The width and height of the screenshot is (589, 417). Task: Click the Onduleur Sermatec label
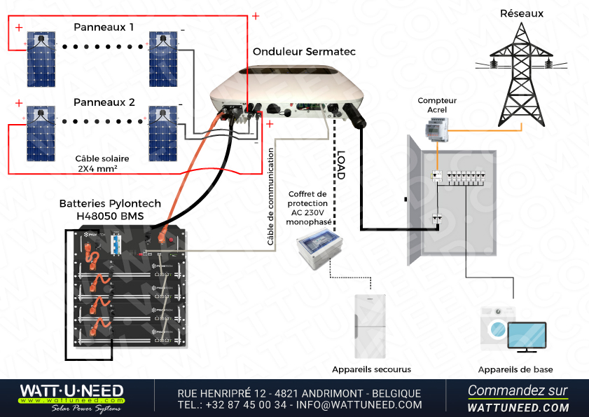coord(304,52)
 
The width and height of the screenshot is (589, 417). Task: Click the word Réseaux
coord(522,13)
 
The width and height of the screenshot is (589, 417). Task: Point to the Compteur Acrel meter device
coord(436,127)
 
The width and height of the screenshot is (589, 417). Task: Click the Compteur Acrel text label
coord(437,105)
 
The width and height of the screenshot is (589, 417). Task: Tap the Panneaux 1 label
coord(104,27)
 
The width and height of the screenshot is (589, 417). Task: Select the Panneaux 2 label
coord(104,102)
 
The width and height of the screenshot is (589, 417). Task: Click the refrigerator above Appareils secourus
coord(370,327)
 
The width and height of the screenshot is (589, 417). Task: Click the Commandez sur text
coord(518,390)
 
